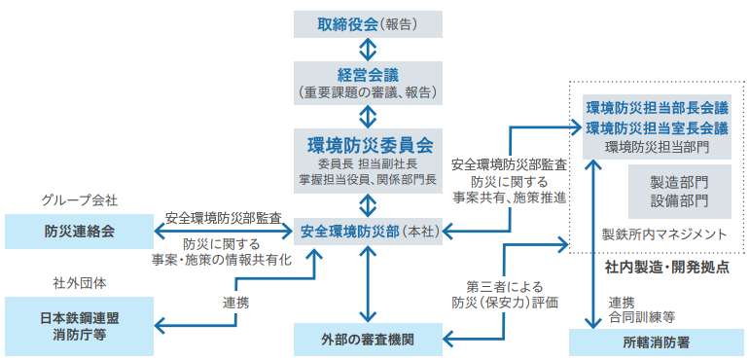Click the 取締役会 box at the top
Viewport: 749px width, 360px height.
pos(368,24)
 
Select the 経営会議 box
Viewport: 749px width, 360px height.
pos(368,83)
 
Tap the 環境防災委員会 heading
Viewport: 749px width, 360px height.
pos(369,145)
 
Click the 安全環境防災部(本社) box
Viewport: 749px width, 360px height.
pos(368,232)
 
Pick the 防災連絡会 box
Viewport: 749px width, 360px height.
pos(79,232)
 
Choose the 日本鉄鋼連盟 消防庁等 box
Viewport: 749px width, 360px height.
pos(79,325)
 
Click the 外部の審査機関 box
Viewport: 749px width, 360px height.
pos(368,341)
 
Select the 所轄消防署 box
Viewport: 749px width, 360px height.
pos(656,342)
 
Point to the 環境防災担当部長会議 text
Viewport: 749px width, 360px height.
pos(657,107)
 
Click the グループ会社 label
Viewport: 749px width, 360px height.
pos(79,199)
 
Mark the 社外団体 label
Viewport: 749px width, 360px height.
pos(79,283)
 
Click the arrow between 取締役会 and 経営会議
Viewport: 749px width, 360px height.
pos(368,50)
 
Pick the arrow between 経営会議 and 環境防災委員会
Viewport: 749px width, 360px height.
pos(368,115)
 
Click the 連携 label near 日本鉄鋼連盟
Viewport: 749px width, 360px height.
pos(235,303)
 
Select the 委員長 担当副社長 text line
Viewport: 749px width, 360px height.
pos(369,165)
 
